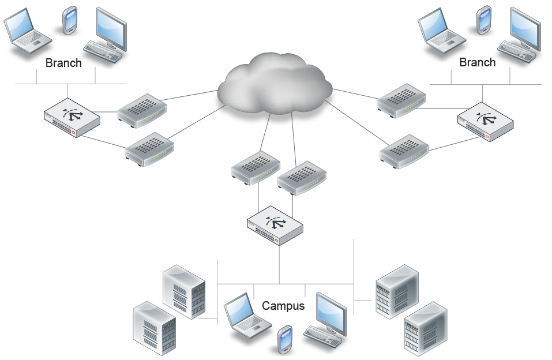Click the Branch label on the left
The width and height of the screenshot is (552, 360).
[x=63, y=63]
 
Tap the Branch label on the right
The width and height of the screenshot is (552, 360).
[x=477, y=62]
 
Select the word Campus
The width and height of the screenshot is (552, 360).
[x=283, y=306]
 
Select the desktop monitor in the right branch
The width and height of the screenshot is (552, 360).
[x=525, y=28]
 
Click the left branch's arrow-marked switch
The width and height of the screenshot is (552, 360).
[x=72, y=118]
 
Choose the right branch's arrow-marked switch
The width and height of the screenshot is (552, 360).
[x=485, y=123]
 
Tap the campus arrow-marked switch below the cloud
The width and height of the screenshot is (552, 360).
[x=275, y=224]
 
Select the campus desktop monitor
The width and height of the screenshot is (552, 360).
[x=332, y=311]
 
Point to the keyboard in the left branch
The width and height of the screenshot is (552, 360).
[x=103, y=51]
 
